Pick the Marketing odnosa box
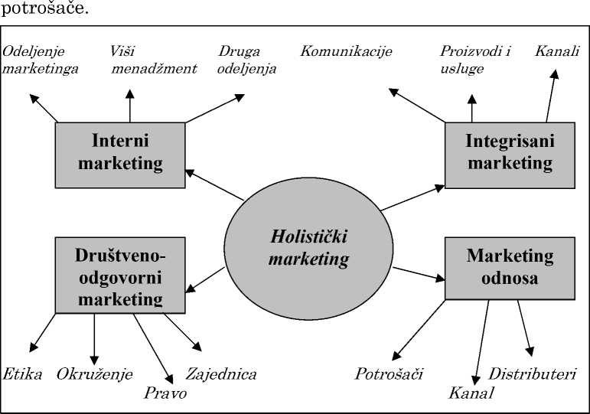tap(510, 266)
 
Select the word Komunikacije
tap(346, 52)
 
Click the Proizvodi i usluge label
tap(475, 60)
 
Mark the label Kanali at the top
tap(557, 52)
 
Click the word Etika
tap(22, 374)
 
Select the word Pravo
tap(165, 393)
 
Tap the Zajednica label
tap(221, 374)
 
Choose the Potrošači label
tap(389, 374)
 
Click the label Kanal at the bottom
tap(471, 393)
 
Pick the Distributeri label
tap(532, 374)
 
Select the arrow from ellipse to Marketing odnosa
tap(418, 273)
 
